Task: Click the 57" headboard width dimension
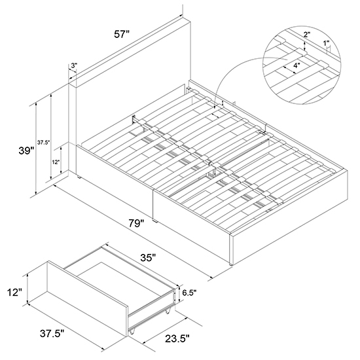pos(122,35)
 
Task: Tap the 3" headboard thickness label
pos(74,65)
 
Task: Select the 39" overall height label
pos(26,151)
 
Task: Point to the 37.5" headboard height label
pos(44,143)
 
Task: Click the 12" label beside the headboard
pos(56,162)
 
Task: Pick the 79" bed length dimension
pos(136,223)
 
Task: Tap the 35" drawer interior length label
pos(148,258)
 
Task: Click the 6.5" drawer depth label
pos(189,293)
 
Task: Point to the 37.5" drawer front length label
pos(52,333)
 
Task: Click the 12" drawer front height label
pos(14,293)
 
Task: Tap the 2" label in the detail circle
pos(307,35)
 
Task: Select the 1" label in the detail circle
pos(326,43)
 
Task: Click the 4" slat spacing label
pos(297,65)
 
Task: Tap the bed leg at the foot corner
pos(231,264)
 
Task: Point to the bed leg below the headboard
pos(79,177)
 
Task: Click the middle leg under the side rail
pos(155,221)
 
